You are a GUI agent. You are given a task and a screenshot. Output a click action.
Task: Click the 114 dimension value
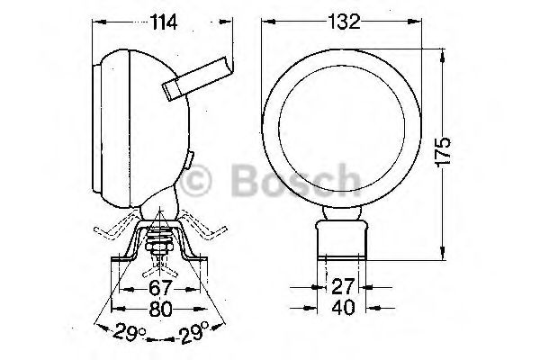coord(164,22)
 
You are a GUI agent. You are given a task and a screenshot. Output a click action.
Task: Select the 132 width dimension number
coord(344,22)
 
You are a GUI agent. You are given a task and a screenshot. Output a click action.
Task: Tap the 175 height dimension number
coord(444,153)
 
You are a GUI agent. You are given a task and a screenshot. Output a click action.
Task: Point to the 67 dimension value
coord(160,288)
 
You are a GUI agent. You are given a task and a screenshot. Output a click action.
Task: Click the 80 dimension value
coord(160,309)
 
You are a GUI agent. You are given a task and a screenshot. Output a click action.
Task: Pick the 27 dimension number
coord(343,286)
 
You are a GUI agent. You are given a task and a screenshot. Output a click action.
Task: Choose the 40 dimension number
coord(344,307)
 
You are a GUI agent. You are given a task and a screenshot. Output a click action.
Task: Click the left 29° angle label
coord(130,331)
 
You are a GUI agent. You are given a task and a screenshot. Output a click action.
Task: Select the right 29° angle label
coord(193,332)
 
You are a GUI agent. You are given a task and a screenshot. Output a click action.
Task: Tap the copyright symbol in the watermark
coord(195,181)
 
